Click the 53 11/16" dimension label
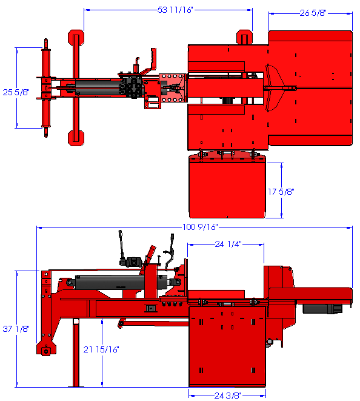pyautogui.click(x=175, y=10)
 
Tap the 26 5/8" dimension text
pyautogui.click(x=313, y=13)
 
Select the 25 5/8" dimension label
pyautogui.click(x=16, y=92)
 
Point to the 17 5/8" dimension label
pyautogui.click(x=281, y=192)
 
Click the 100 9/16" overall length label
pyautogui.click(x=200, y=227)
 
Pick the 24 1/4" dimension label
pyautogui.click(x=228, y=244)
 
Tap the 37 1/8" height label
pyautogui.click(x=16, y=329)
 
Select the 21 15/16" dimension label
pyautogui.click(x=101, y=349)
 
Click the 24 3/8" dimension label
pyautogui.click(x=227, y=396)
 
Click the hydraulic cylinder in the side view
pyautogui.click(x=122, y=282)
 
